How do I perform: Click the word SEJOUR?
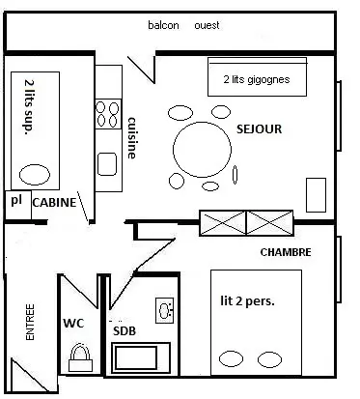coord(259,128)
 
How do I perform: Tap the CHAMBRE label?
coord(286,252)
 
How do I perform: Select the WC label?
coord(73,323)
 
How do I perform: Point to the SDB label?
coord(125,331)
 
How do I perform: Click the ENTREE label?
coord(30,322)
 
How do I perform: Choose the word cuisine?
coord(131,138)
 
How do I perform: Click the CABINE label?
coord(54,203)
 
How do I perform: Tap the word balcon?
coord(163,25)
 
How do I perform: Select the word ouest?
coord(207,25)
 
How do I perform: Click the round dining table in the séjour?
coord(202,150)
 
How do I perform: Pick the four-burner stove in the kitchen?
coord(108,114)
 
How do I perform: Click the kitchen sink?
coord(107,164)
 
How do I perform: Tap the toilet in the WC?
coord(80,358)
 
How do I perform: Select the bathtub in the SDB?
coord(141,358)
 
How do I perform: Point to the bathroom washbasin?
coord(165,310)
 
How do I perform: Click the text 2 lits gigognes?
coord(257,79)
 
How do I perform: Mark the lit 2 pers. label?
coord(247,301)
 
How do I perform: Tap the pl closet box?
coord(18,205)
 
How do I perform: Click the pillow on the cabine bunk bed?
coord(35,175)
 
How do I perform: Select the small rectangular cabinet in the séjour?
coord(316,195)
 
